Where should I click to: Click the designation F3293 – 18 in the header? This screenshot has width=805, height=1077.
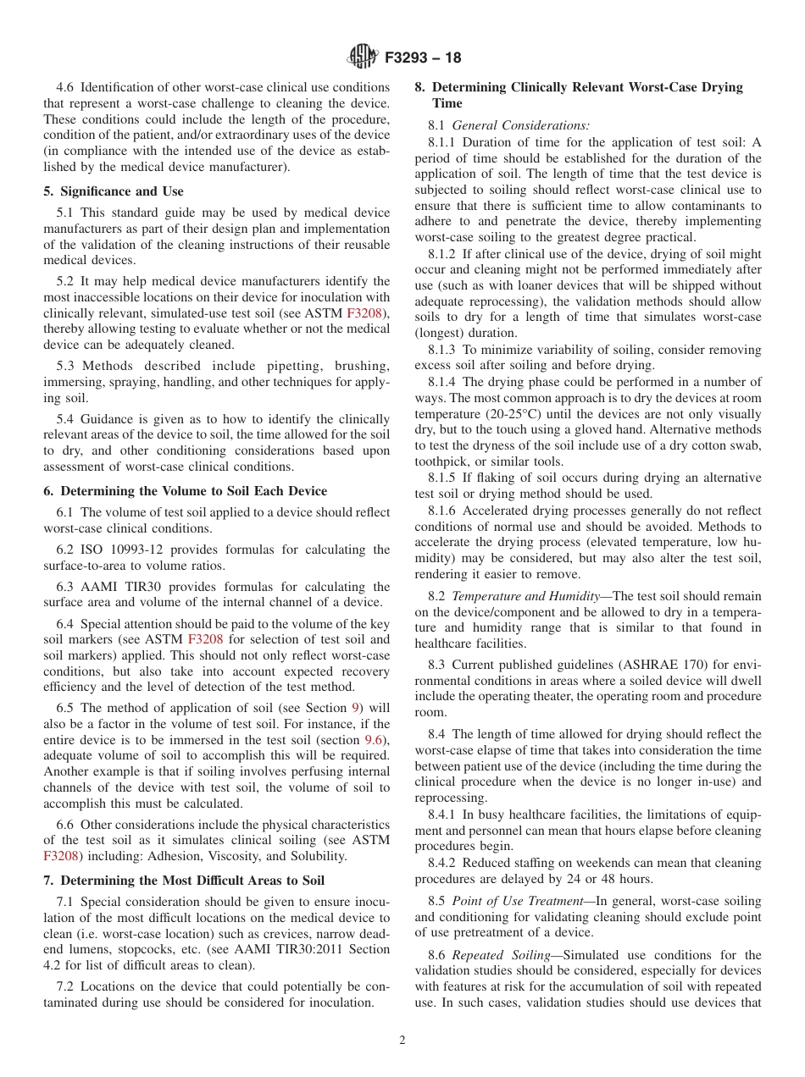[x=423, y=58]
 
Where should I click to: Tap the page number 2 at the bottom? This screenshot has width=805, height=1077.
[x=402, y=1041]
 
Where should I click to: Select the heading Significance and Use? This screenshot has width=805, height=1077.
[x=114, y=191]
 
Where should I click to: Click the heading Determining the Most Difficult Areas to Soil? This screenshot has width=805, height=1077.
[x=184, y=881]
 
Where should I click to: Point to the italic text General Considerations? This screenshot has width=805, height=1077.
[x=521, y=125]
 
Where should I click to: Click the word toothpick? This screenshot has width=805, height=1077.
[x=441, y=462]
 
